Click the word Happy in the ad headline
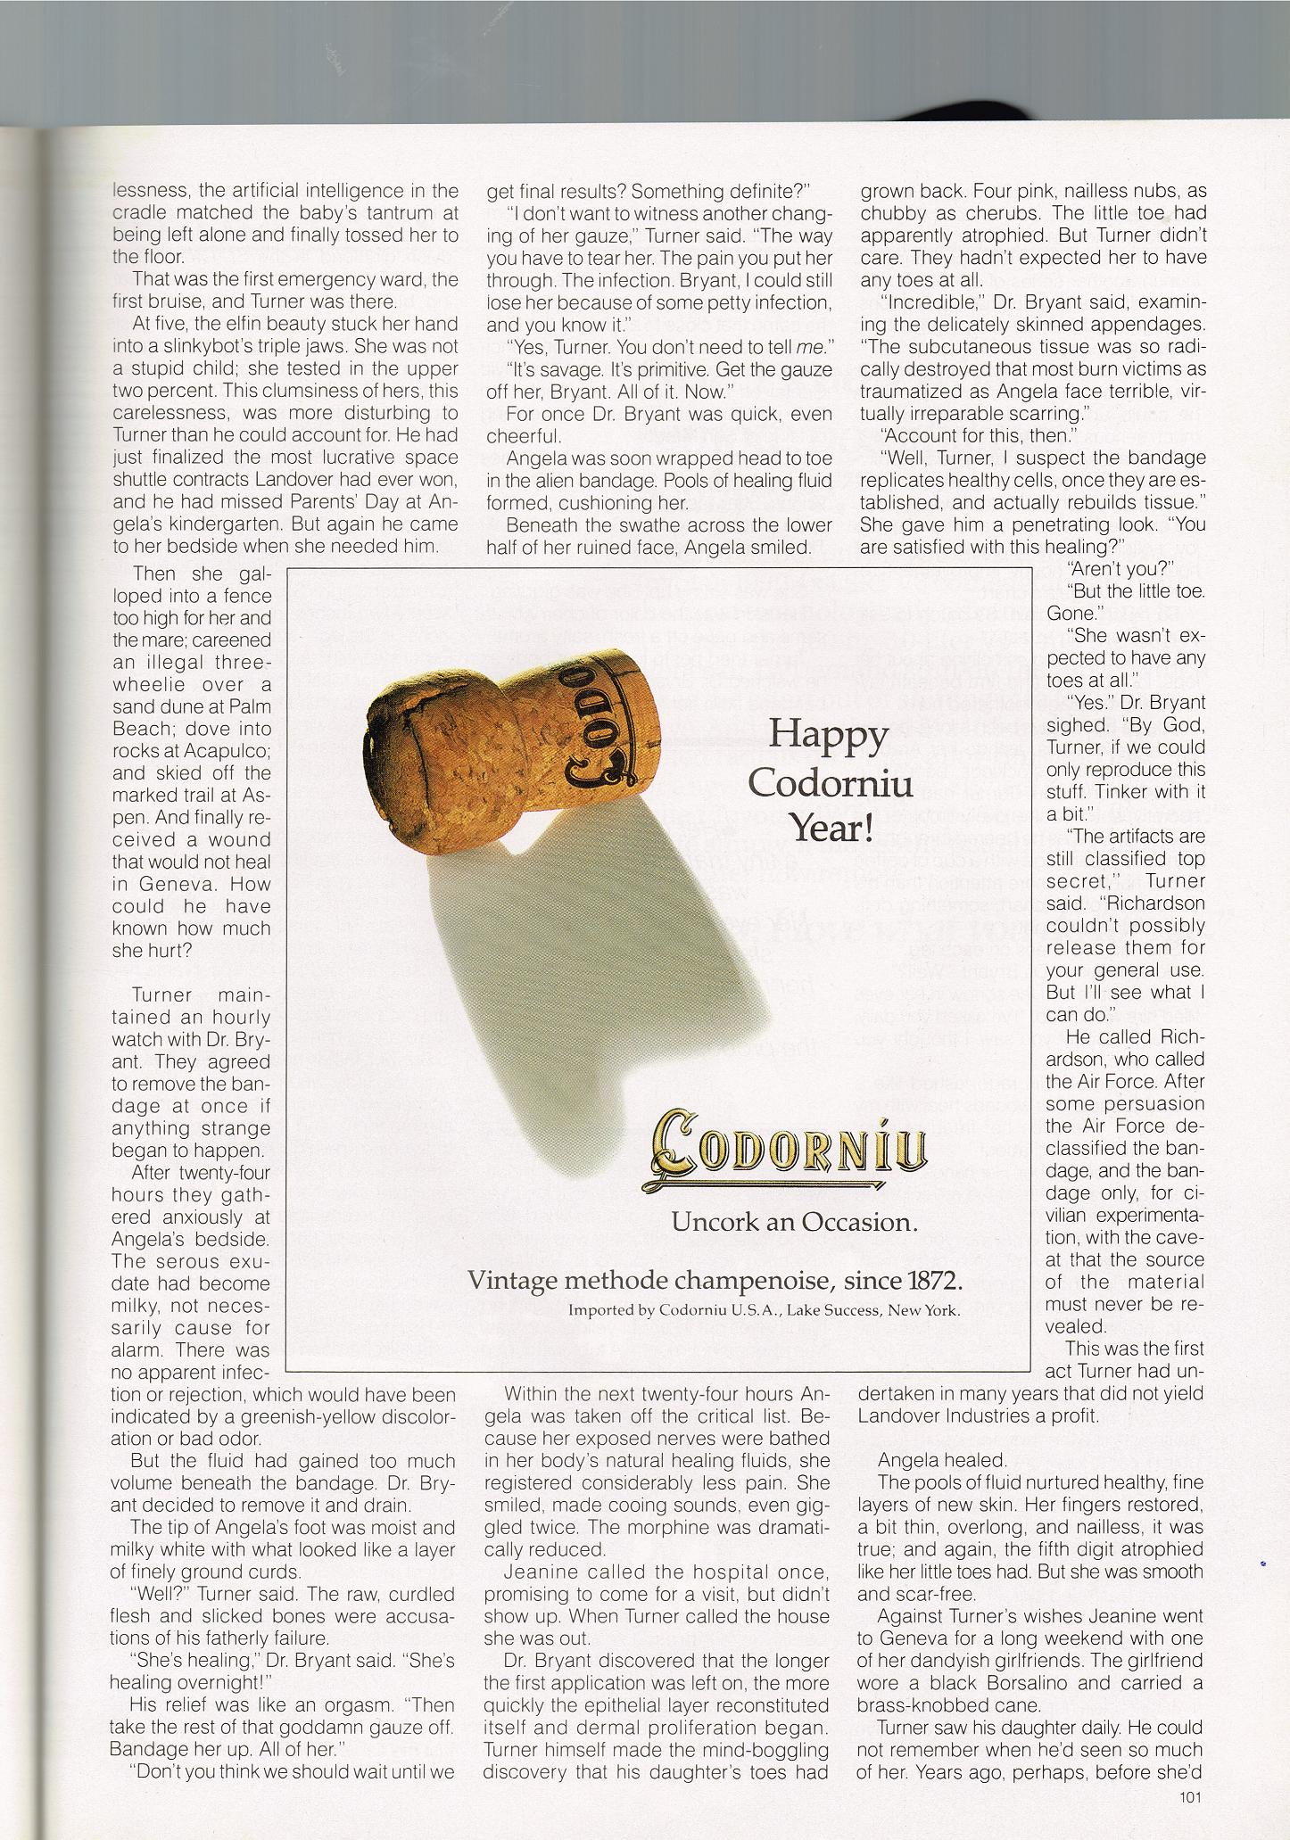point(829,735)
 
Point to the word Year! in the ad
point(831,829)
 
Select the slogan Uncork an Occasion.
point(794,1222)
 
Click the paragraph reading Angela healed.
point(929,1460)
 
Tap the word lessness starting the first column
point(149,191)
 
